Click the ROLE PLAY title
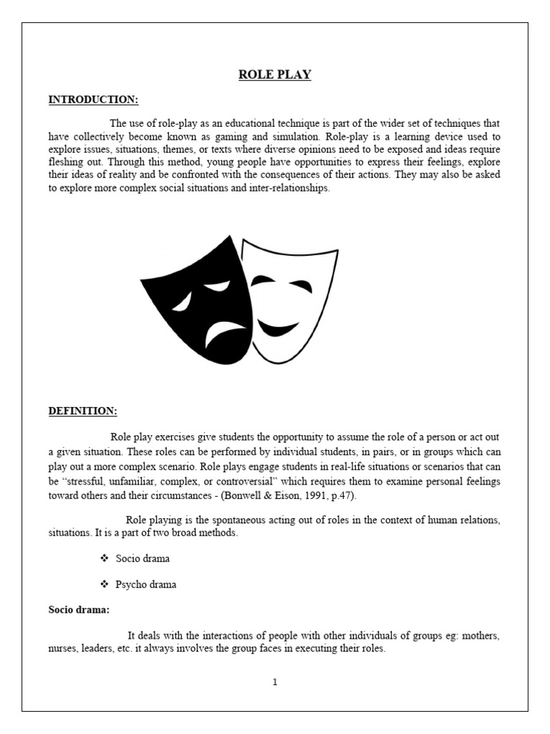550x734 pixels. (275, 75)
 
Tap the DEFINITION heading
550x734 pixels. (82, 411)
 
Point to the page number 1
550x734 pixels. (274, 682)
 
